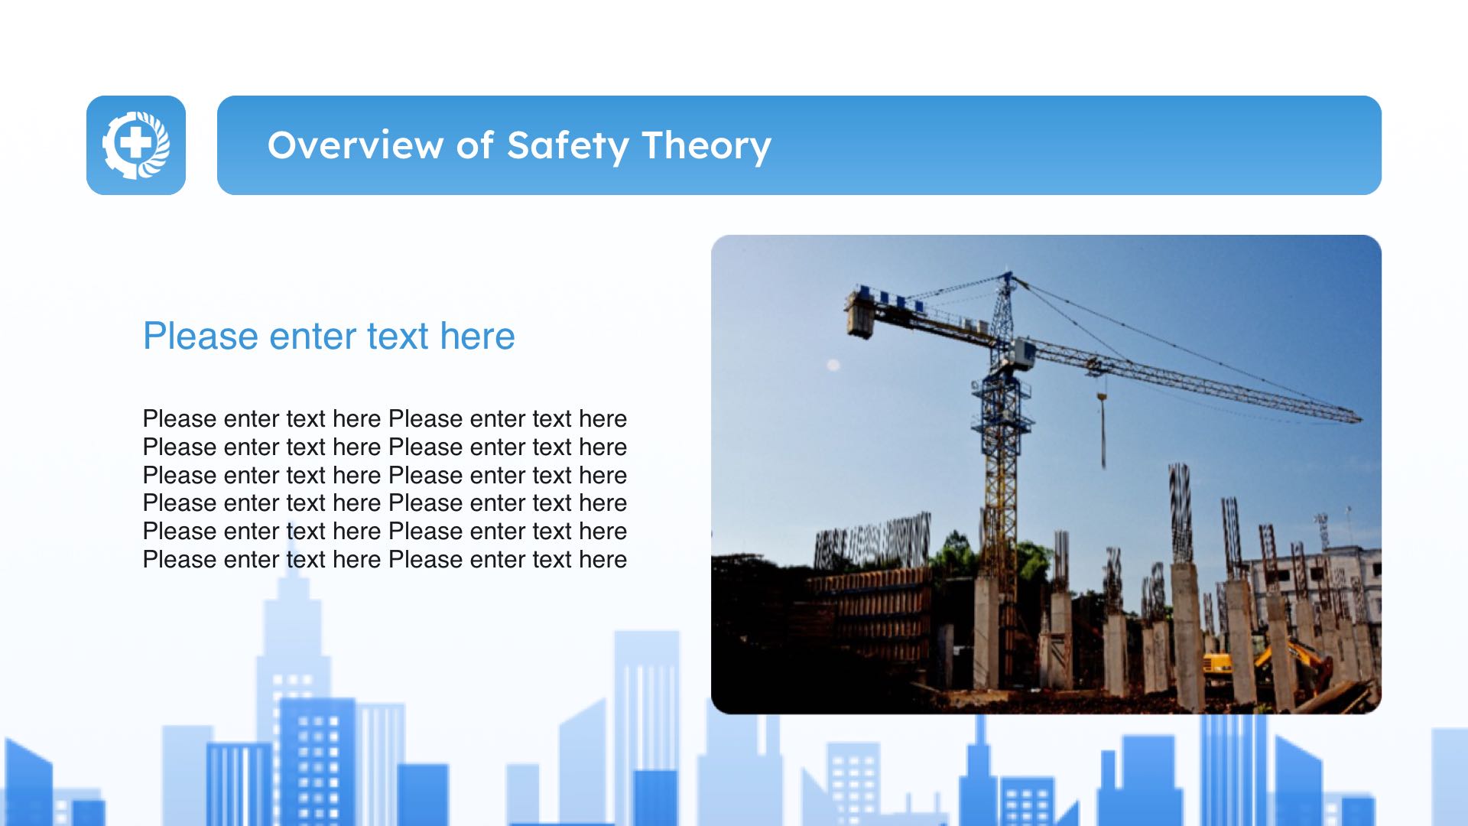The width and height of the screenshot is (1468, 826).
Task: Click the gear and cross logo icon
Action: pos(136,145)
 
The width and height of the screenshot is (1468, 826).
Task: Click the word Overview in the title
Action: pos(356,145)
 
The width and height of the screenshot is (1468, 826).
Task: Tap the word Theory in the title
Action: pos(706,145)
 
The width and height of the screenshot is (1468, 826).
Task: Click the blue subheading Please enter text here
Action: pos(329,336)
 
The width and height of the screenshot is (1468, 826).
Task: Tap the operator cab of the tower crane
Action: pos(1020,353)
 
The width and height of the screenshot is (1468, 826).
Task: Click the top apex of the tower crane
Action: pos(1007,273)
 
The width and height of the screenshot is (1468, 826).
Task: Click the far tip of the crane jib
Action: pos(1359,418)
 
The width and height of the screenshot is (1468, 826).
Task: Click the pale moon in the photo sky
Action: pos(833,366)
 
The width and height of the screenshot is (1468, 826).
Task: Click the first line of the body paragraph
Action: pos(385,419)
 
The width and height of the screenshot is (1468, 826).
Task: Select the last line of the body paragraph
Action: pos(385,560)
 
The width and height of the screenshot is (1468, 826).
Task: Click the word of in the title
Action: pos(475,145)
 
